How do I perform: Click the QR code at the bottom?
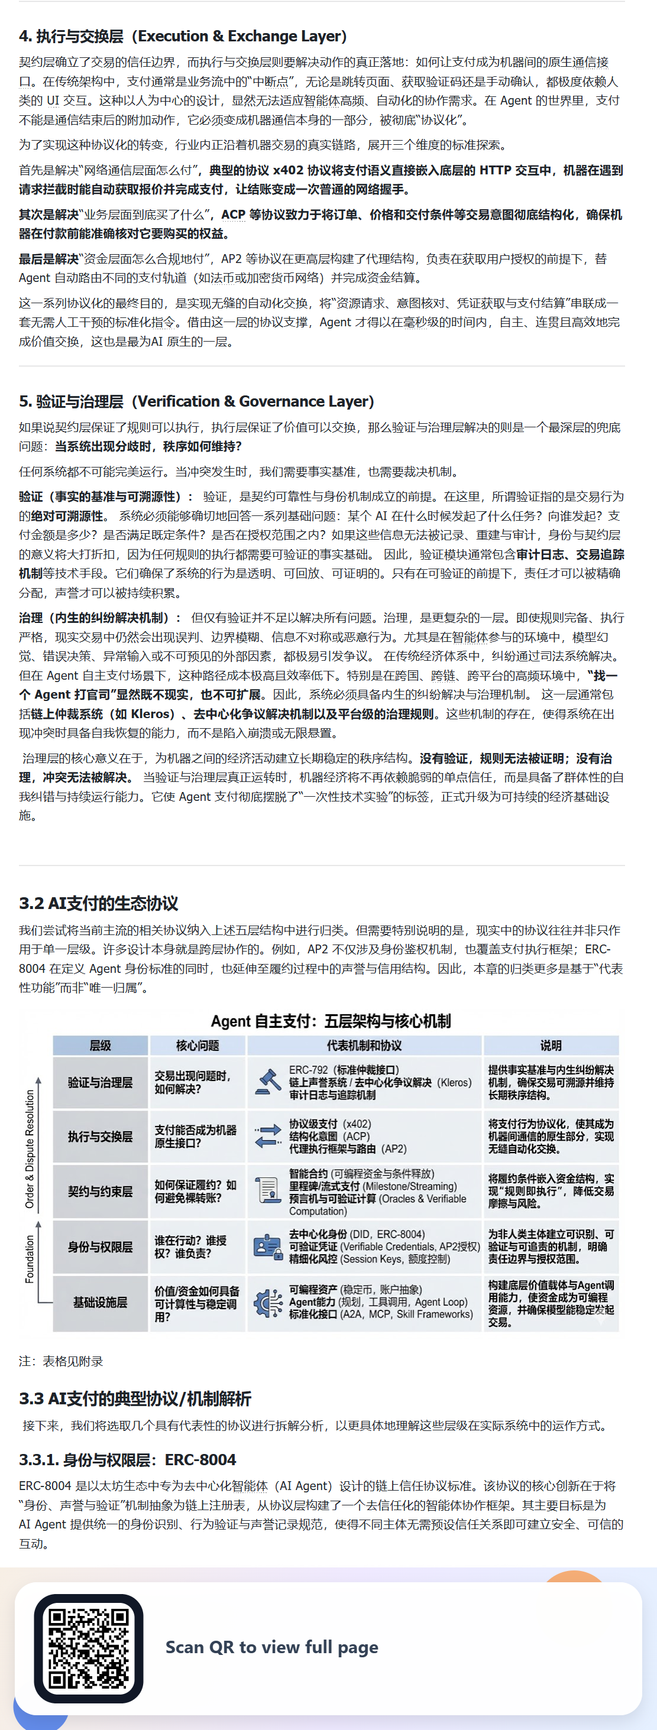(89, 1648)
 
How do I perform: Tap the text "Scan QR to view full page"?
(271, 1647)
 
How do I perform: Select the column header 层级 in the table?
(100, 1046)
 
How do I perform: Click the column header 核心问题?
(198, 1046)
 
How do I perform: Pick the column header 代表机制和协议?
(364, 1046)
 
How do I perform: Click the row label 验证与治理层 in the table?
(100, 1083)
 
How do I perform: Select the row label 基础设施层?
(100, 1302)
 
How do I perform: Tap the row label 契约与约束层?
(100, 1192)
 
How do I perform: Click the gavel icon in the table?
(268, 1082)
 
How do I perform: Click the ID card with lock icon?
(268, 1247)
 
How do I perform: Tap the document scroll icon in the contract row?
(268, 1191)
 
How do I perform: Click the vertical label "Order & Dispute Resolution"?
(30, 1149)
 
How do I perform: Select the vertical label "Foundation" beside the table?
(30, 1259)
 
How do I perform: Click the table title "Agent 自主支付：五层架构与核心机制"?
(331, 1021)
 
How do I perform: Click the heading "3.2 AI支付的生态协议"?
(99, 903)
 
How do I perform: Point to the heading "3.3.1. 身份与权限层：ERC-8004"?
(128, 1459)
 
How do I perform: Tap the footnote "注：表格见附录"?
(61, 1361)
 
